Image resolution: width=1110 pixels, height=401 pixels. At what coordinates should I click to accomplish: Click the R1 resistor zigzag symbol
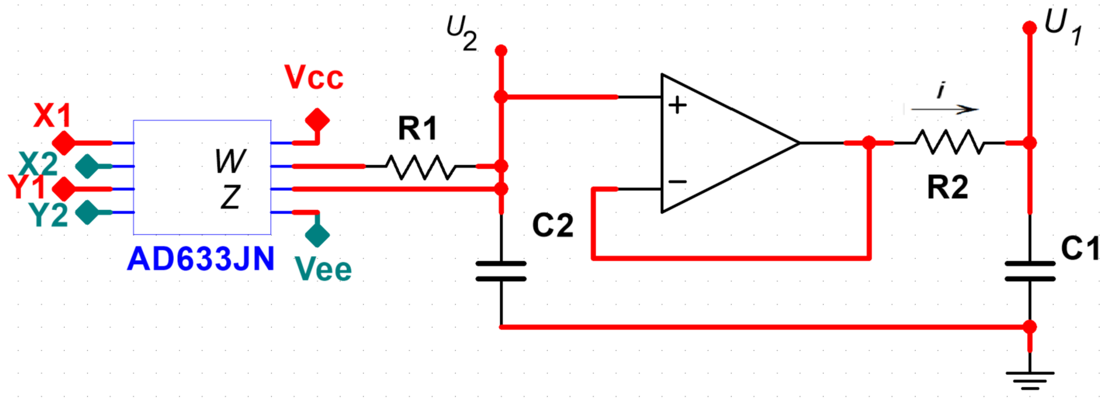(x=420, y=167)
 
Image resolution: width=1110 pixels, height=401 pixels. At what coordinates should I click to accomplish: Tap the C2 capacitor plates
(x=501, y=271)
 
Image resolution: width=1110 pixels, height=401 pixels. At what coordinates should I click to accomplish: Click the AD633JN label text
(x=201, y=259)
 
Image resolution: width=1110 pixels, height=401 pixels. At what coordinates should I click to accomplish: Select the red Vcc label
(x=314, y=78)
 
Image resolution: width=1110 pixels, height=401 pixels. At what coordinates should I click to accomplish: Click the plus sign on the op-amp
(x=677, y=105)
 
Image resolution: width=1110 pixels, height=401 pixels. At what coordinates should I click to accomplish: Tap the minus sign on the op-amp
(x=677, y=182)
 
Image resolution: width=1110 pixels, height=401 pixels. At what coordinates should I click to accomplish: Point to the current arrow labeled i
(x=944, y=109)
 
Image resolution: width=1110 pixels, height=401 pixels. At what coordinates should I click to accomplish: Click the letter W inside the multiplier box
(x=230, y=161)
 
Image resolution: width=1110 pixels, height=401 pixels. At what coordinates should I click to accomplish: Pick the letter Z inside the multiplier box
(x=230, y=197)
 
